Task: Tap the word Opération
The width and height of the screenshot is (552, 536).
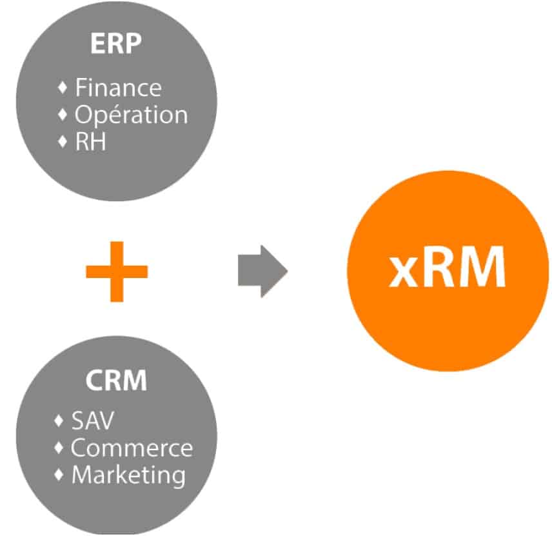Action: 131,115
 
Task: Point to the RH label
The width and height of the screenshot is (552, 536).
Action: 90,142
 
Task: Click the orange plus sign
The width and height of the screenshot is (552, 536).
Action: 117,271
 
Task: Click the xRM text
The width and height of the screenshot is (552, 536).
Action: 447,270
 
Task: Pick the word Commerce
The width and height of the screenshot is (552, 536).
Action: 132,448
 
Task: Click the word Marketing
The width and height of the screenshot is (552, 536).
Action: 128,475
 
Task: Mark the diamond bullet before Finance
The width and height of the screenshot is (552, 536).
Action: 63,86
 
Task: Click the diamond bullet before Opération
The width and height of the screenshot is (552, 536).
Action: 63,115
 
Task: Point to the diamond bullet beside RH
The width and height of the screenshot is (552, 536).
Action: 63,142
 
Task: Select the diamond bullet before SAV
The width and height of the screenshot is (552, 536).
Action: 59,421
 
